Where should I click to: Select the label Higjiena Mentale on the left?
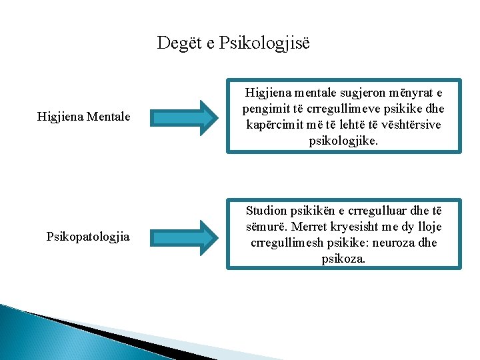coord(84,118)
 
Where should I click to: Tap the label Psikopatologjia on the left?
coord(88,237)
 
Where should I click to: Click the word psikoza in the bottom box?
coord(343,259)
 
